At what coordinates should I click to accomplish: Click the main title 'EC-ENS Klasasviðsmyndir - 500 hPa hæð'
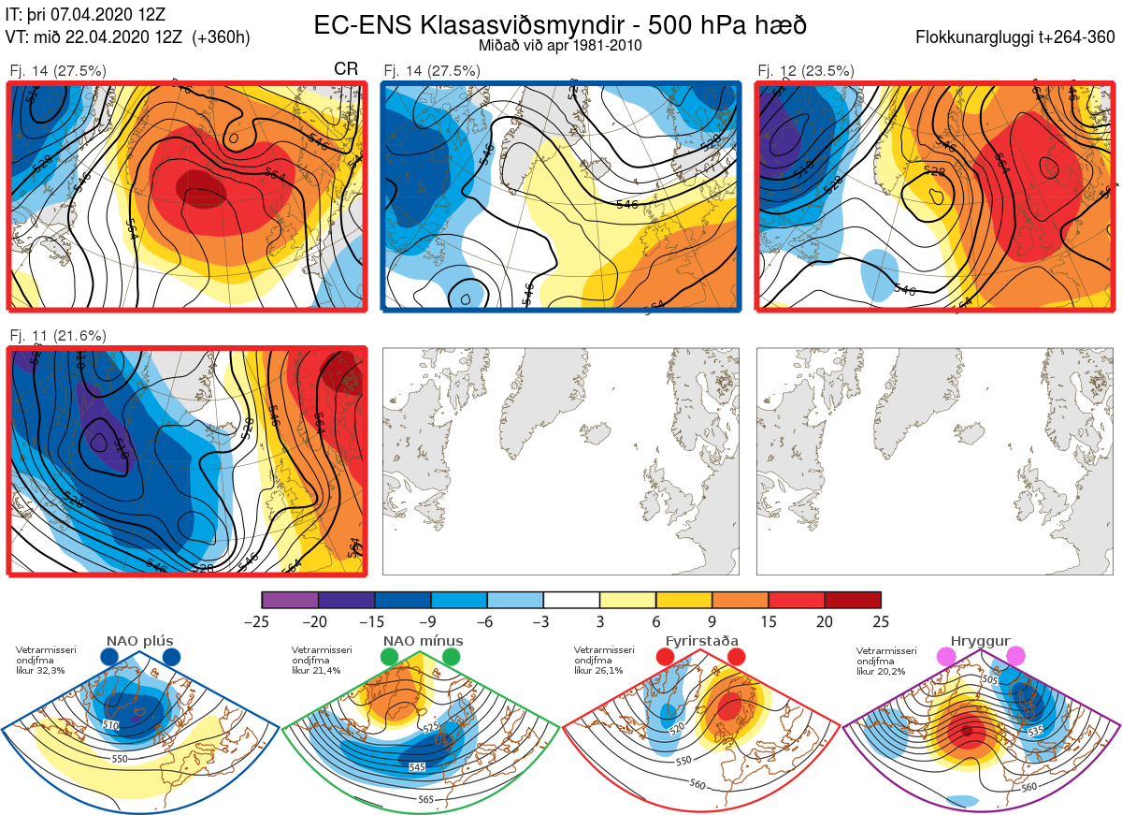(560, 24)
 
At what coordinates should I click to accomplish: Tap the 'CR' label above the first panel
(346, 70)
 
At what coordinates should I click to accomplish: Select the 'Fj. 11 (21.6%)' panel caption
(57, 335)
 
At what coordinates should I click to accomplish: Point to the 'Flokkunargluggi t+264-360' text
(1016, 38)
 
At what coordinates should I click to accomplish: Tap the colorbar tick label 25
(881, 621)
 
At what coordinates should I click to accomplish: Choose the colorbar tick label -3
(543, 621)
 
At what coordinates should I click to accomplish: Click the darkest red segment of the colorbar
(853, 600)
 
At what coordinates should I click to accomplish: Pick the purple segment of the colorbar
(290, 600)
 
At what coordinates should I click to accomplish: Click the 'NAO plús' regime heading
(140, 642)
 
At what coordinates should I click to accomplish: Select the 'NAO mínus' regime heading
(423, 642)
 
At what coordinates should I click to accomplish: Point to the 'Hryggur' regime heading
(982, 642)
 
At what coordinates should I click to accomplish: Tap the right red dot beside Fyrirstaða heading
(735, 658)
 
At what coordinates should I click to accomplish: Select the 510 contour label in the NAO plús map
(110, 725)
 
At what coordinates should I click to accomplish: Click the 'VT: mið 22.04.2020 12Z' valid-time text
(127, 37)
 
